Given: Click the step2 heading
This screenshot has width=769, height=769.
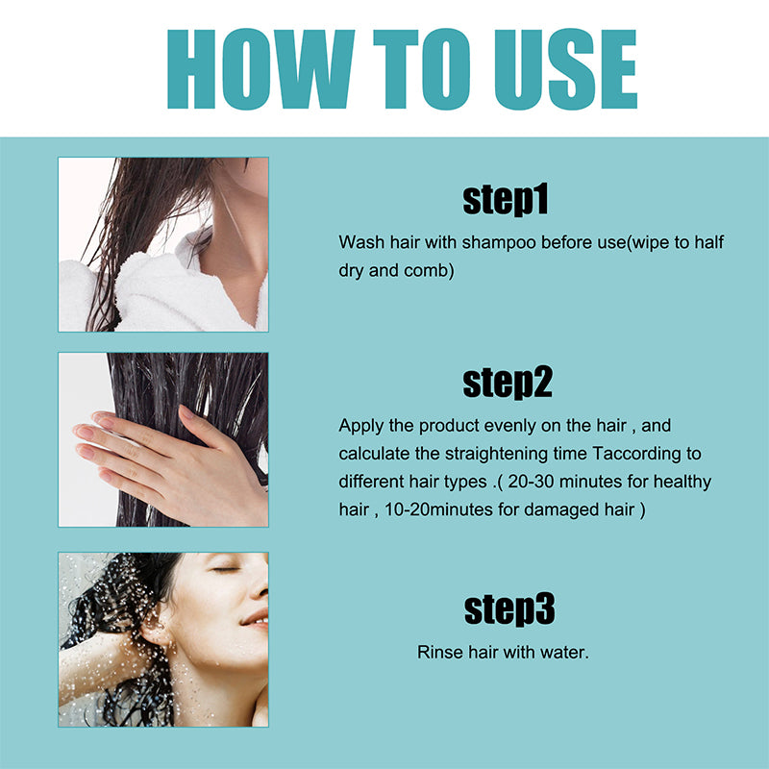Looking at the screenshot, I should point(507,382).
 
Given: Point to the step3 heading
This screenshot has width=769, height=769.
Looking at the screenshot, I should point(509,609).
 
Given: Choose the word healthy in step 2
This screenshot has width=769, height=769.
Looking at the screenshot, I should point(682,482).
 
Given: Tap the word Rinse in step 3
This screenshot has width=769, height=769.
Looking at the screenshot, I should point(437,653).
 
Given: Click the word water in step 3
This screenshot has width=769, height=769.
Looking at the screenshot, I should point(566,653).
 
